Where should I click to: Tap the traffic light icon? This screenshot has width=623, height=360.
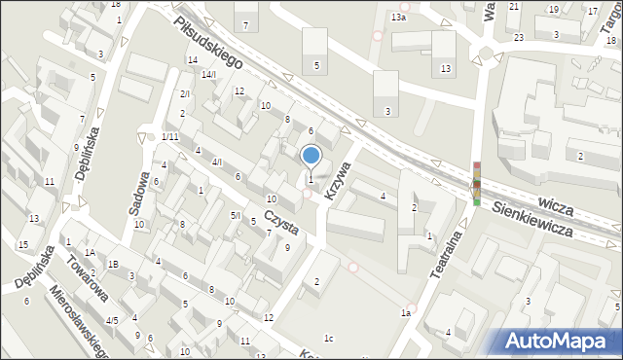tap(476, 183)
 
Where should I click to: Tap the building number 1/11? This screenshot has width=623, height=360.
tap(169, 136)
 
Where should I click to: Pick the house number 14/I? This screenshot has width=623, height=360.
tap(208, 74)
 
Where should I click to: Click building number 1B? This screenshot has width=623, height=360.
tap(113, 264)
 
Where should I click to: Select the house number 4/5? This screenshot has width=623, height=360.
tap(112, 320)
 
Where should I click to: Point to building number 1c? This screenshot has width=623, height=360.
tap(329, 338)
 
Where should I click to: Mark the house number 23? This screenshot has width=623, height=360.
tap(519, 37)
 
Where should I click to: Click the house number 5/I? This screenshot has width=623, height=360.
tap(235, 215)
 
